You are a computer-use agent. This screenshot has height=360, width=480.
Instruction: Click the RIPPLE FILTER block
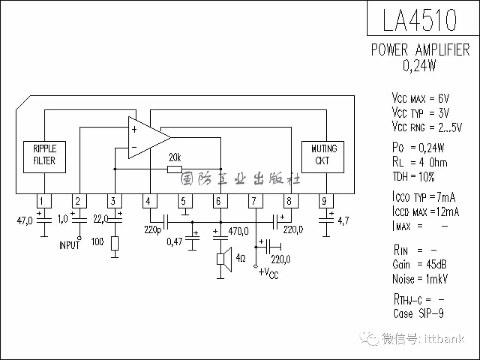click(x=44, y=157)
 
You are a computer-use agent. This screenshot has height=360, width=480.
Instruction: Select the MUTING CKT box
click(x=323, y=157)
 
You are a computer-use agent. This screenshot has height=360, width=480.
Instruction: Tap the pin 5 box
click(x=185, y=201)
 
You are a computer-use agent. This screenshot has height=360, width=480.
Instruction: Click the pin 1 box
click(x=44, y=201)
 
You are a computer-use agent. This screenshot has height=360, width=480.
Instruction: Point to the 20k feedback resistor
click(x=175, y=169)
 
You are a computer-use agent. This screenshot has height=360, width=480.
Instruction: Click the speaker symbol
click(x=224, y=259)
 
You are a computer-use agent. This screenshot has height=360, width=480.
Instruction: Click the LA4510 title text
click(x=420, y=20)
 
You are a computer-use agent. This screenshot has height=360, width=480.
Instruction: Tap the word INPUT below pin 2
click(x=69, y=245)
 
